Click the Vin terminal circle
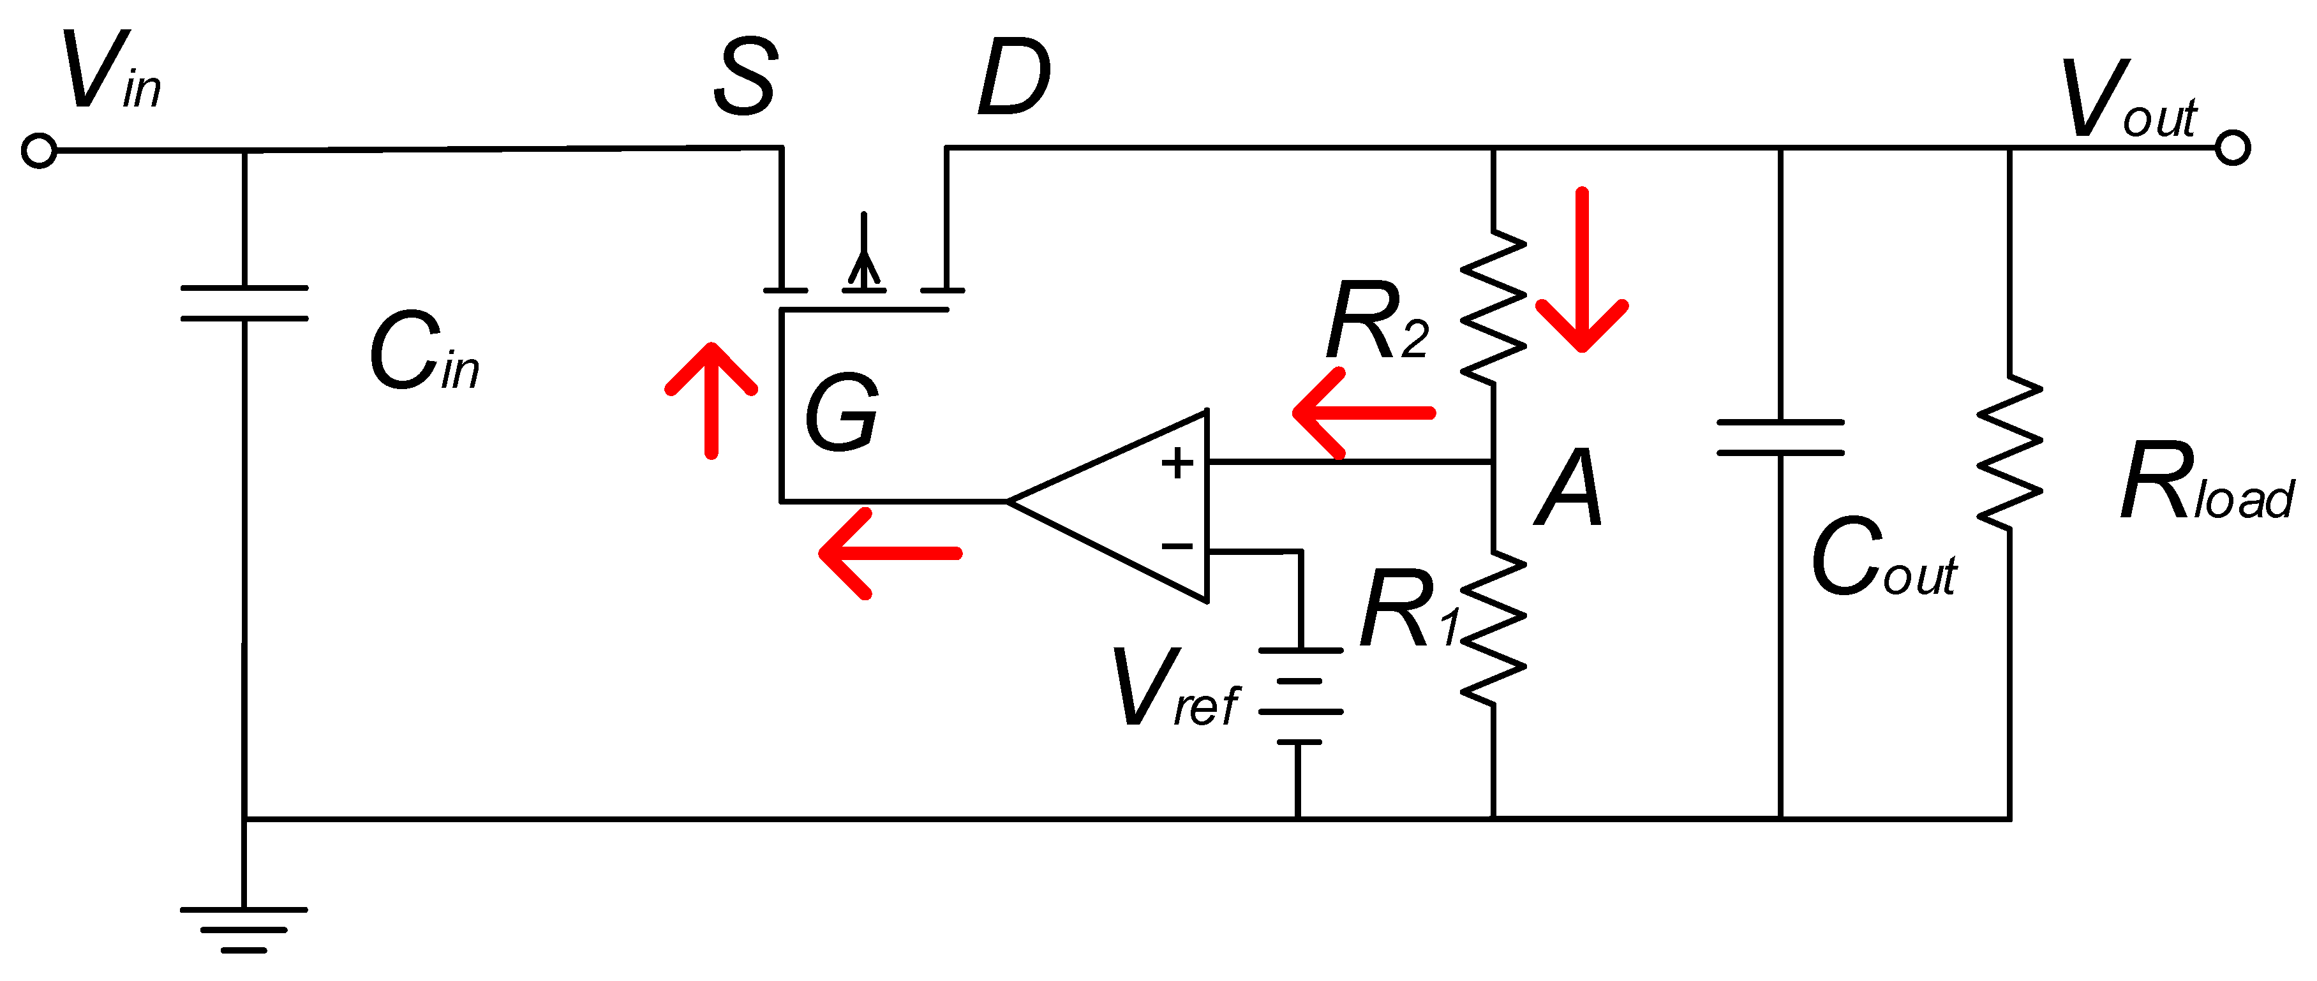point(39,151)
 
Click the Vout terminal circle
point(2233,147)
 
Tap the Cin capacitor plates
point(244,303)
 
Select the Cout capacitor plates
point(1780,437)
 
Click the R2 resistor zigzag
point(1493,306)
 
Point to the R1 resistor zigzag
point(1493,628)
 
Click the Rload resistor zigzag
point(2009,452)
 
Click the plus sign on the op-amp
point(1177,464)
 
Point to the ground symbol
point(244,929)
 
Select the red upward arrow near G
point(711,400)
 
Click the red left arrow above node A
point(1362,413)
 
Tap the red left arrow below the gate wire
point(890,553)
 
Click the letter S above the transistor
point(745,78)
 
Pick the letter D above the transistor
point(1014,78)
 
